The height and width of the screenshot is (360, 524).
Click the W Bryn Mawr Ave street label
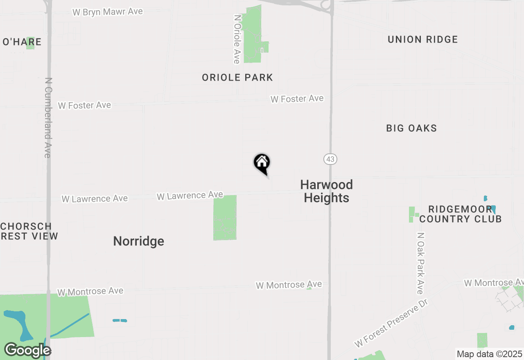point(108,11)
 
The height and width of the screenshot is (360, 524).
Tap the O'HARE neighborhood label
point(22,42)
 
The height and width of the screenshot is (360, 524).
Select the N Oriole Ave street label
point(237,39)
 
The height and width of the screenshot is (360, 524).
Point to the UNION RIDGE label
point(422,39)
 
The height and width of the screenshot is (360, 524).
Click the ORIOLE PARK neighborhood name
point(237,77)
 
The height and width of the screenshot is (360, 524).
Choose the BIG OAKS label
point(411,128)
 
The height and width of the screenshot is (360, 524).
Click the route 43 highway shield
point(330,159)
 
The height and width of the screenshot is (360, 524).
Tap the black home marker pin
point(262,163)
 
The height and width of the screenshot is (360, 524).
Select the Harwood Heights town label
point(326,191)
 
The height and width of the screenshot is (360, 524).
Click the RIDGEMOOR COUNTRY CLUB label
point(460,214)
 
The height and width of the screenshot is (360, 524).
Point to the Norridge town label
point(138,241)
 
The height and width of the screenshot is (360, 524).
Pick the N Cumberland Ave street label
point(48,118)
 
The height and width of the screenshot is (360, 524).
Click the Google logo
point(27,350)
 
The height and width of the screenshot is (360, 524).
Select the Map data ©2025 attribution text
point(489,354)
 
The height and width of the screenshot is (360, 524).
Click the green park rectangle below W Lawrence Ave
point(225,218)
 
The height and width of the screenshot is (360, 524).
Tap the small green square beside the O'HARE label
point(30,43)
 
